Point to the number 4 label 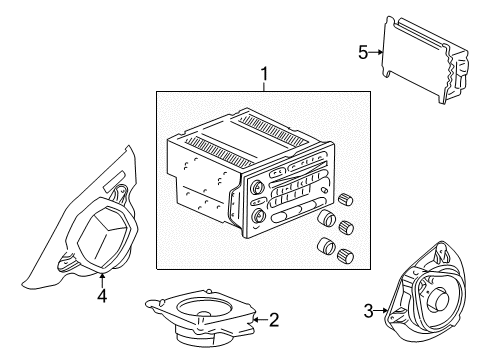101,296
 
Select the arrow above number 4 101,278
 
